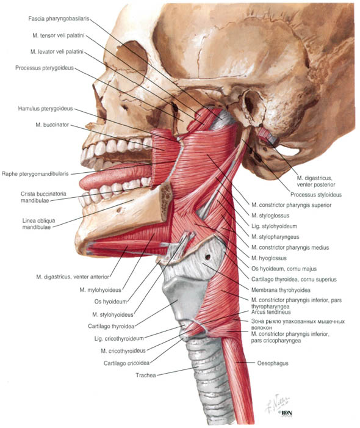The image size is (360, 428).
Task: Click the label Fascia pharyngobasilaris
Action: coord(59,19)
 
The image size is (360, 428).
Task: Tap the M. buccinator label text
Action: coord(52,125)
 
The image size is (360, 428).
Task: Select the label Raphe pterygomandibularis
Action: coord(35,174)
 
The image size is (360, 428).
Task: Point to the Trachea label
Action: coord(146,375)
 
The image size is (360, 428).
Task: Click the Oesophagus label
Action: coord(273,363)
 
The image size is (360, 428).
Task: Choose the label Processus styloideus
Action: coord(316,195)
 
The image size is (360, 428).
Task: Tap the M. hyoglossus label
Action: coord(269,258)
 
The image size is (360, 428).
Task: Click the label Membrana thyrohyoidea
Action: coord(281,290)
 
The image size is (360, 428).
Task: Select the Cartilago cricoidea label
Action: coord(126,363)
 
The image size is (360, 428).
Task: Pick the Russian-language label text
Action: coord(298,324)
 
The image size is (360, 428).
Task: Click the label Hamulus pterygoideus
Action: coord(46,109)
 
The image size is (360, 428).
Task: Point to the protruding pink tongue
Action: coord(115,176)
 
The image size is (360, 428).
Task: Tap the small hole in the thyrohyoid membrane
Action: coord(208,257)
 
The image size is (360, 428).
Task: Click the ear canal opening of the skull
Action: coord(250,104)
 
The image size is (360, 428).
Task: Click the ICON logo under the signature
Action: coord(286,413)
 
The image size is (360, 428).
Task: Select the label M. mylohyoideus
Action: coord(100,290)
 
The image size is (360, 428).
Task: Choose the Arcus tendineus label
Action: coord(271,312)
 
